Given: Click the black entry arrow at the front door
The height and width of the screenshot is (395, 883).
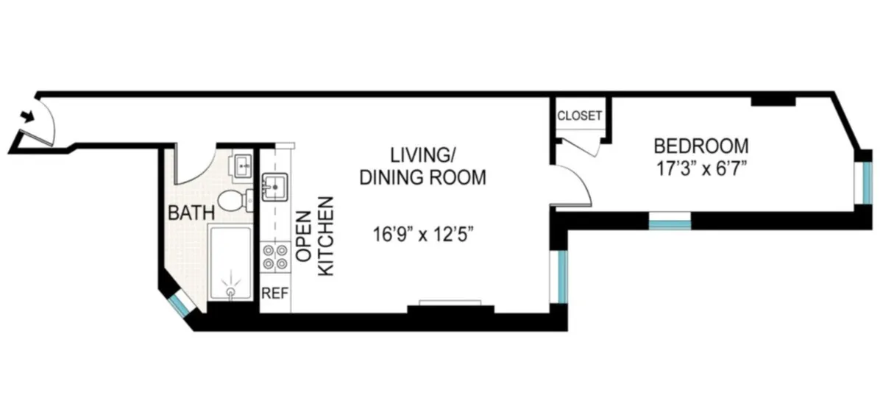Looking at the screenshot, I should tap(29, 115).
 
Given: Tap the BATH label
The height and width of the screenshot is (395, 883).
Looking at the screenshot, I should tap(191, 213).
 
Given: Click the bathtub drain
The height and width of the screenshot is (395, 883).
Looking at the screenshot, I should tap(231, 292).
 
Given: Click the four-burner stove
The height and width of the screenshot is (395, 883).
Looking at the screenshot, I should tap(275, 257).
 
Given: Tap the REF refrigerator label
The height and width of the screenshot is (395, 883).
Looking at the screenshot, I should tap(275, 292).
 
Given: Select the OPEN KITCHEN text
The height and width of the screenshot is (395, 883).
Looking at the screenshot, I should tap(314, 235).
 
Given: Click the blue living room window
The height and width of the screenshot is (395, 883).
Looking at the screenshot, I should tap(562, 277).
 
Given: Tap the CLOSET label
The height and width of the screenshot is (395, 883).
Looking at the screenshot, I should tap(579, 115).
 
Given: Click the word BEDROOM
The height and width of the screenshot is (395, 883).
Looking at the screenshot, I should tap(701, 145).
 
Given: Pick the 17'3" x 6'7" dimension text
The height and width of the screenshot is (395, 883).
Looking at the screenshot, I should tap(701, 168).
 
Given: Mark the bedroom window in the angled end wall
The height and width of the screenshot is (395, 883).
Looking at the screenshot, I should tap(868, 181).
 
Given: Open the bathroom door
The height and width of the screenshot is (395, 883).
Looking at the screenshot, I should tap(193, 169).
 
